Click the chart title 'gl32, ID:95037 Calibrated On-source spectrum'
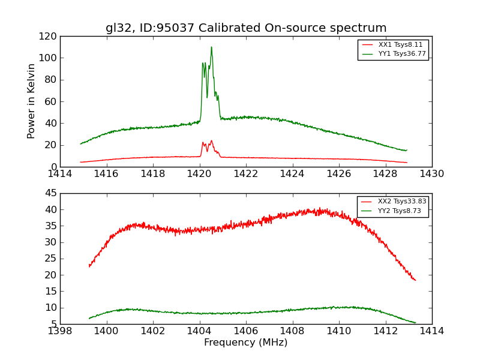[246, 28]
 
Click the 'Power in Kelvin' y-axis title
[31, 101]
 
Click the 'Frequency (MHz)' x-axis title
[246, 343]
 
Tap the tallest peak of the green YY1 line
[211, 47]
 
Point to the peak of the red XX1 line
[211, 141]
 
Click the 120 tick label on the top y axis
[50, 37]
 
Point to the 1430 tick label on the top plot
[432, 174]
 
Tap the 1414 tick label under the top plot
[60, 174]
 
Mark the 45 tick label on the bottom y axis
[52, 193]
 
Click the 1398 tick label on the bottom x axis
[60, 331]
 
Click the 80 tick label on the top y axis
[52, 80]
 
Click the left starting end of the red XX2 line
[89, 266]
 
